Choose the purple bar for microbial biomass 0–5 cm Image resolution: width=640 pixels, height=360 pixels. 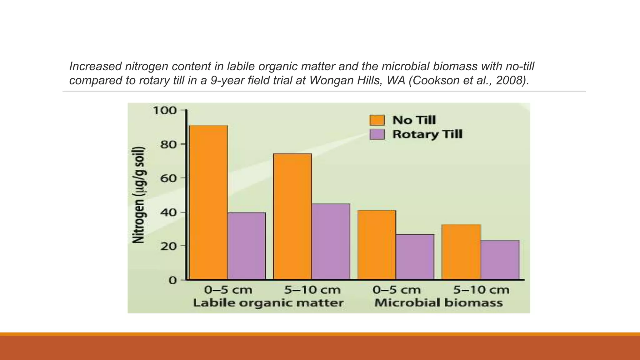click(x=415, y=257)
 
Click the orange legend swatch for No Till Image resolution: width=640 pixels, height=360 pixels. click(x=377, y=120)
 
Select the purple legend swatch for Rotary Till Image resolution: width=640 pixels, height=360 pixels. click(x=377, y=134)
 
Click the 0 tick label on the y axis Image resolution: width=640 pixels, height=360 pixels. click(x=173, y=280)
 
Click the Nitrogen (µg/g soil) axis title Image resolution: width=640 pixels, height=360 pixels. click(x=139, y=195)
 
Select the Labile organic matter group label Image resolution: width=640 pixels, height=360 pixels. click(x=268, y=303)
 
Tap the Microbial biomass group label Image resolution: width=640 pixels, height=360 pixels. click(x=438, y=303)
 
